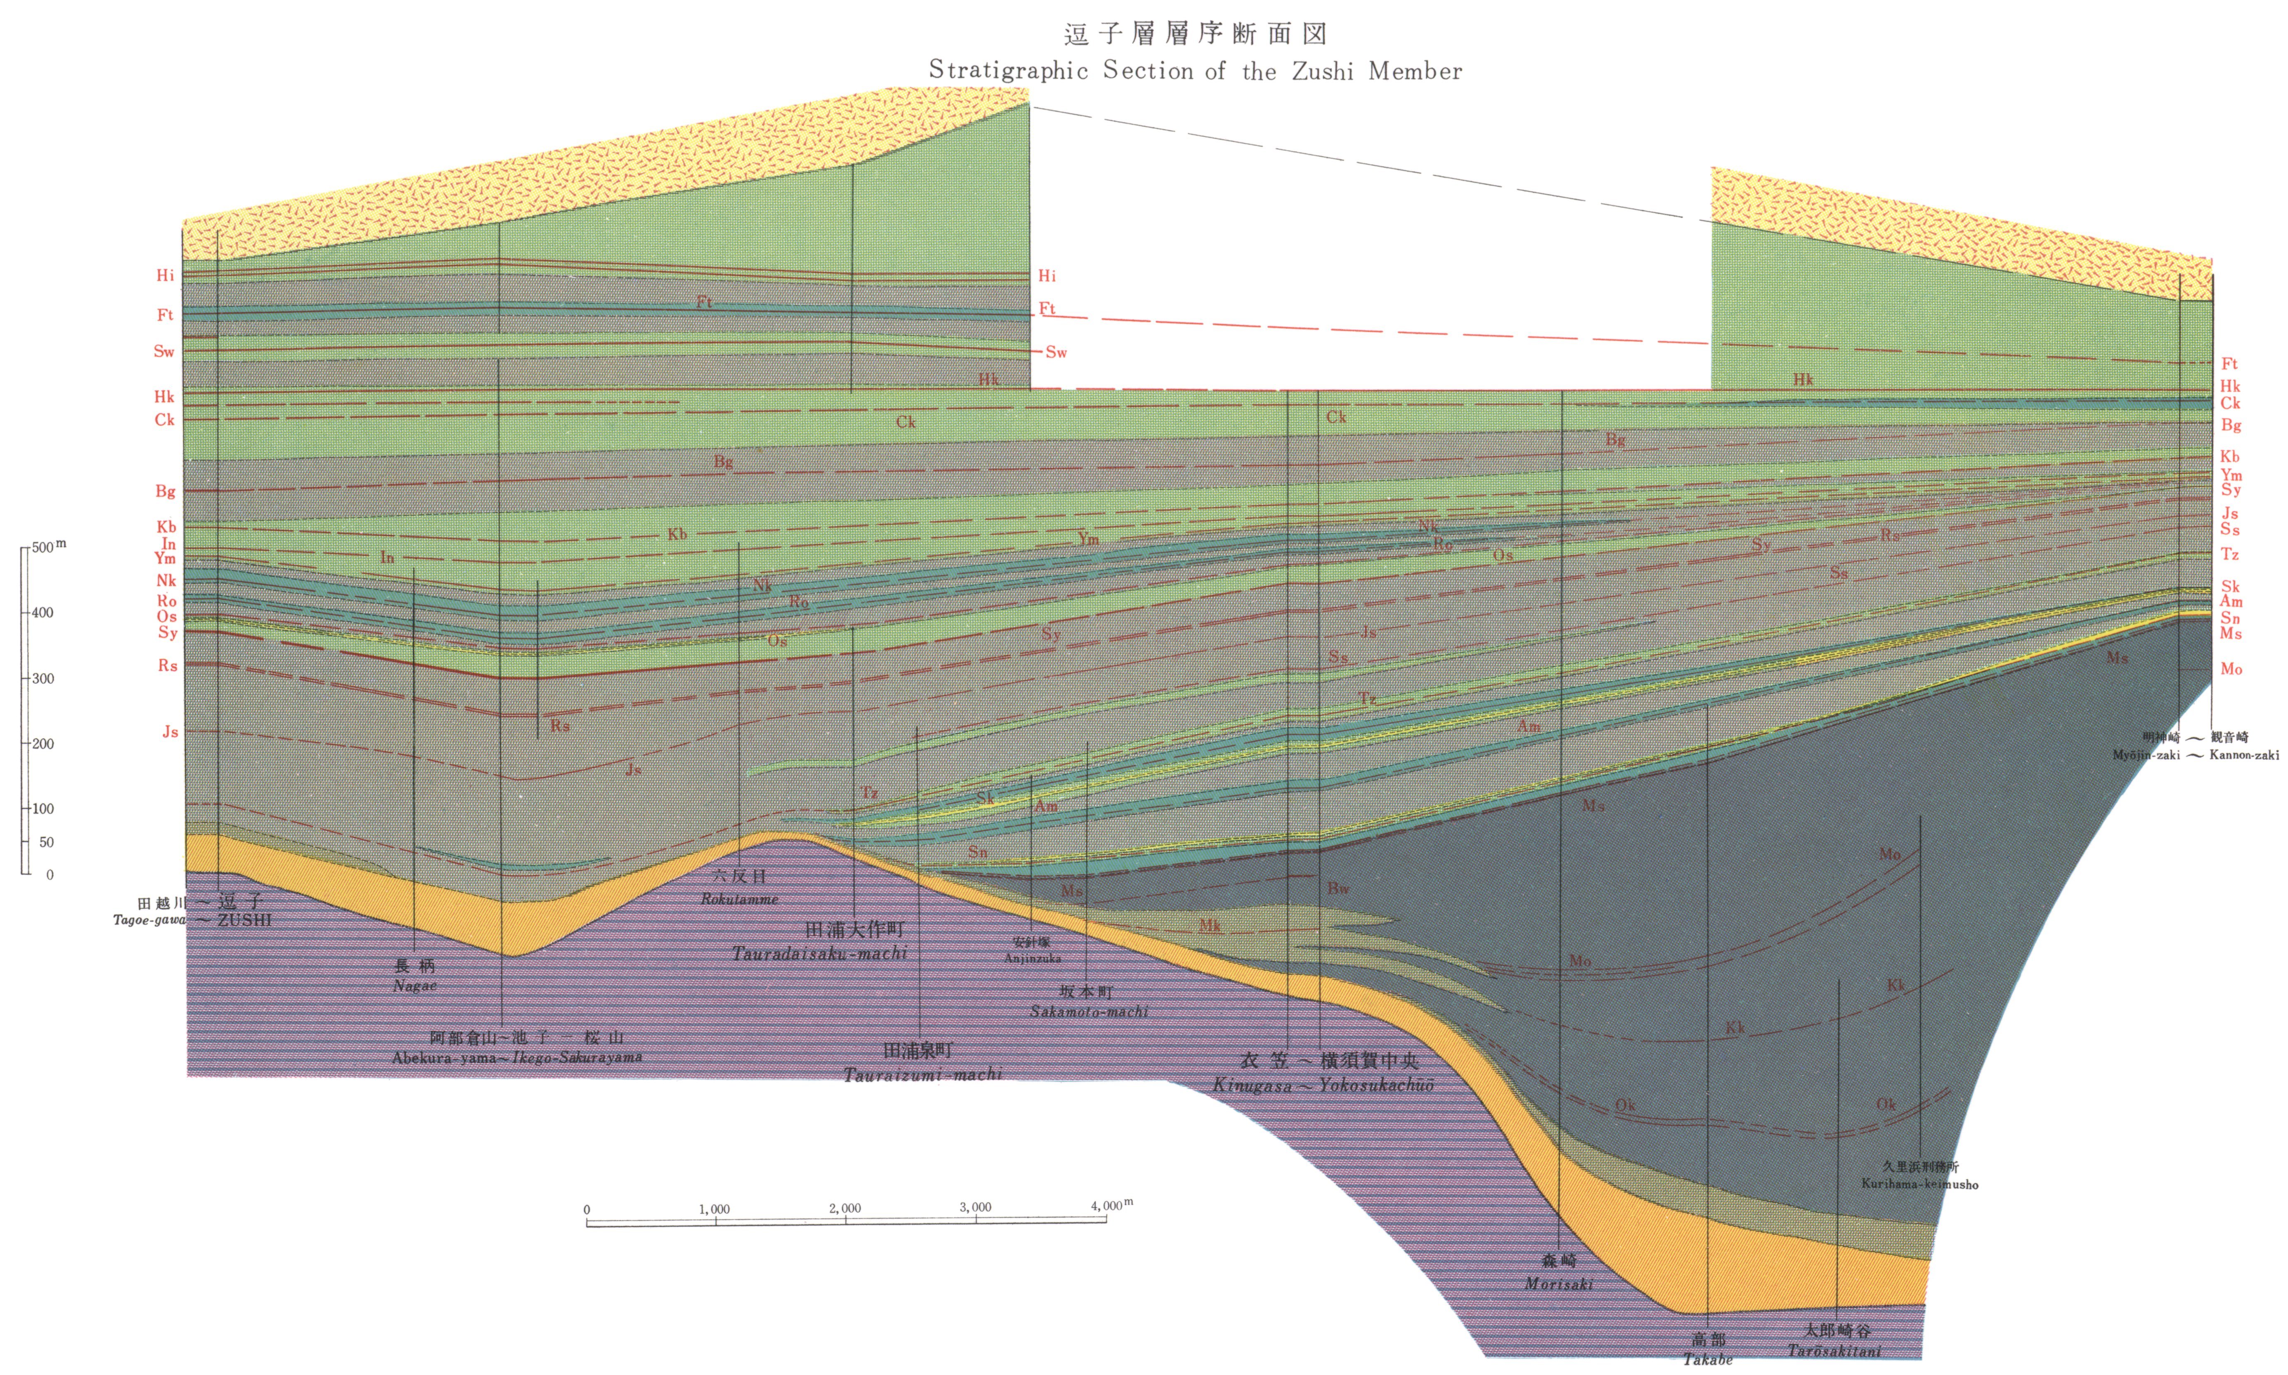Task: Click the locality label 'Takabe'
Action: click(x=1708, y=1359)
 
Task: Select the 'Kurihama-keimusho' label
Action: click(x=1919, y=1184)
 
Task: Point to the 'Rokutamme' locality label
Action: click(x=739, y=899)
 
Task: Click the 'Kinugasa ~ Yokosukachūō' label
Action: click(x=1323, y=1085)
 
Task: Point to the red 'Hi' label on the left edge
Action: click(x=165, y=275)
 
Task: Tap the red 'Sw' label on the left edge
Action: click(x=164, y=351)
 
